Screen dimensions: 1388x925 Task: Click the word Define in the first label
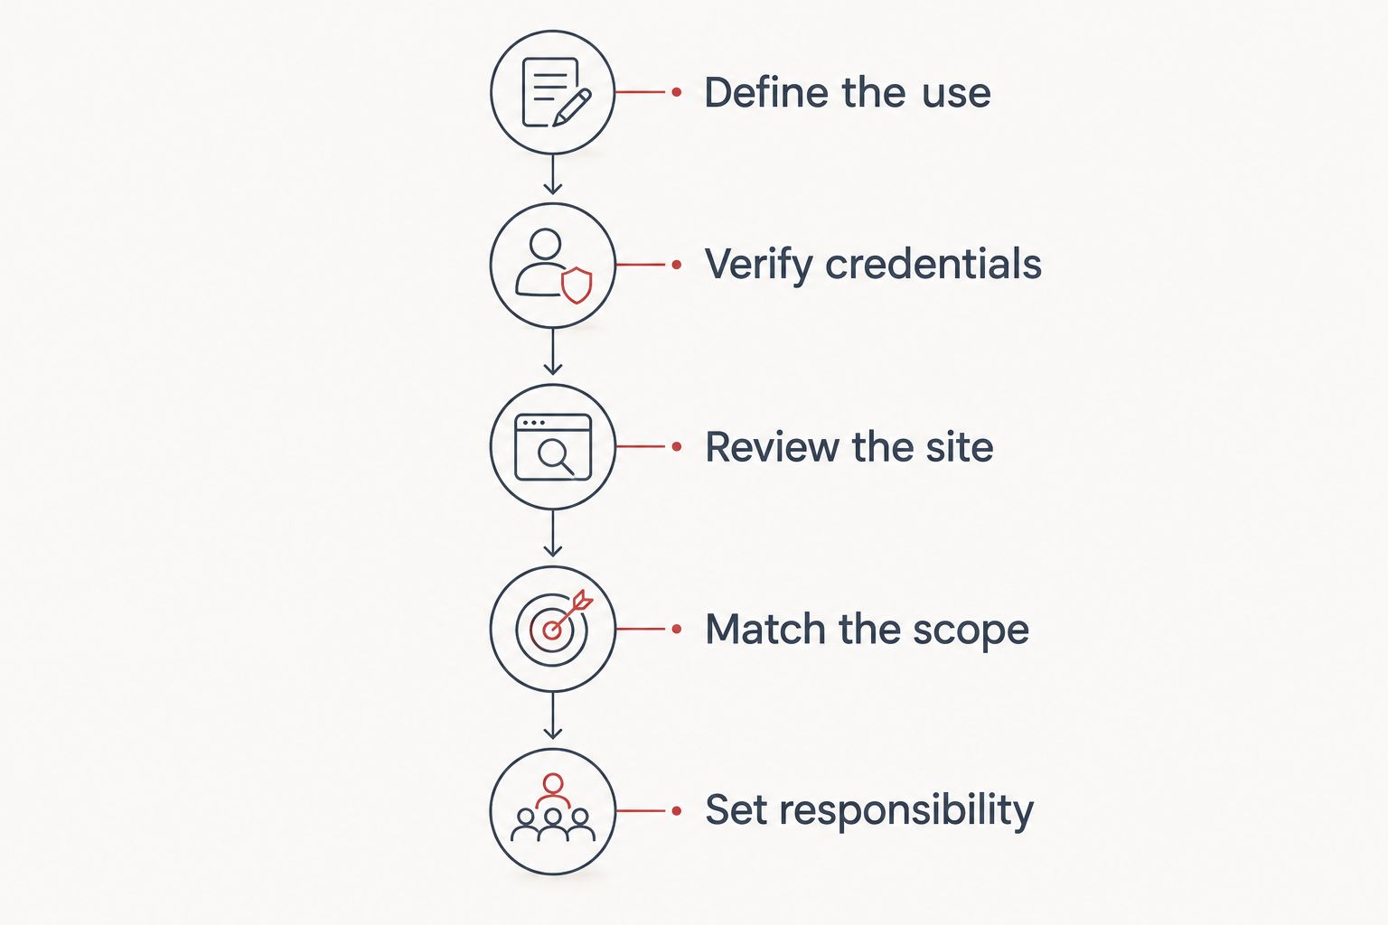click(766, 93)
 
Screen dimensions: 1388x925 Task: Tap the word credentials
click(933, 264)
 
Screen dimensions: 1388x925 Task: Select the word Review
click(773, 447)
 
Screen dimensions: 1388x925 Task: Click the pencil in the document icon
click(572, 107)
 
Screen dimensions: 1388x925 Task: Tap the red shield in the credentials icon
click(577, 285)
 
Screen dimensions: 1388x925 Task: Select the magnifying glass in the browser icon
click(555, 456)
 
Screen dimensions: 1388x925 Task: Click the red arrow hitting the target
click(568, 614)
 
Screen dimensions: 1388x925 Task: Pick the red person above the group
click(553, 790)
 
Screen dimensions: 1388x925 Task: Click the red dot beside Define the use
click(677, 92)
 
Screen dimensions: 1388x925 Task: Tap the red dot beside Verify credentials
click(677, 265)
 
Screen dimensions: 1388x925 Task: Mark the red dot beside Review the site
click(677, 446)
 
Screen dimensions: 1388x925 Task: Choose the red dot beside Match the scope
click(677, 629)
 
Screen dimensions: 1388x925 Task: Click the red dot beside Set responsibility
click(677, 810)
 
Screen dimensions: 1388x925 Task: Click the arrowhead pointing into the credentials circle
click(553, 189)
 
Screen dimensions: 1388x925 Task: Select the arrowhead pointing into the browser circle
click(553, 369)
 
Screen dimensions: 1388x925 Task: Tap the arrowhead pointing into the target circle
click(553, 550)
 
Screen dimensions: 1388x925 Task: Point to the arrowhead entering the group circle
click(553, 733)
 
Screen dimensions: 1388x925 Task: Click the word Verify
click(758, 266)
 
